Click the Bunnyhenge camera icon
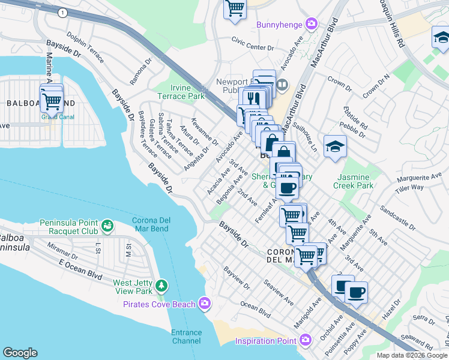tap(312, 25)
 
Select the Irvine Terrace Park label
tap(181, 92)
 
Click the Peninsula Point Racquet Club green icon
tap(107, 226)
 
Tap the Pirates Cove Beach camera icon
tap(206, 304)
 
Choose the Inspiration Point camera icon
tap(306, 341)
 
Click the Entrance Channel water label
tap(186, 337)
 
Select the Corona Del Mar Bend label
tap(151, 224)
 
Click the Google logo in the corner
tap(20, 353)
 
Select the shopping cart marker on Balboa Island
tap(52, 100)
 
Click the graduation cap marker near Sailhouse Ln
tap(335, 146)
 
